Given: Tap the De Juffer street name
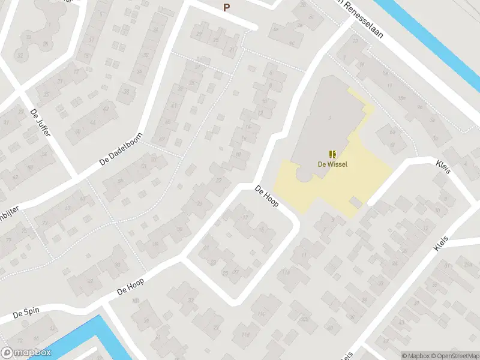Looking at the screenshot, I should pyautogui.click(x=40, y=122).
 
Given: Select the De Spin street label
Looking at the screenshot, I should pyautogui.click(x=26, y=313).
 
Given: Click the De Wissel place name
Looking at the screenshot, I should pyautogui.click(x=332, y=164).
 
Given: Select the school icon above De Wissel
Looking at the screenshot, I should pyautogui.click(x=332, y=154).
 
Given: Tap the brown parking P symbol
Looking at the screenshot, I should pyautogui.click(x=226, y=7).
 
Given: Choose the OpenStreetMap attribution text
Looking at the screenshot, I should pyautogui.click(x=454, y=355).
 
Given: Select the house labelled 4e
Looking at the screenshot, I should pyautogui.click(x=276, y=28).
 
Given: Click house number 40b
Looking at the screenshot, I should pyautogui.click(x=304, y=319).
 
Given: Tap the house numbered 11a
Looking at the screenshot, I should pyautogui.click(x=286, y=272).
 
